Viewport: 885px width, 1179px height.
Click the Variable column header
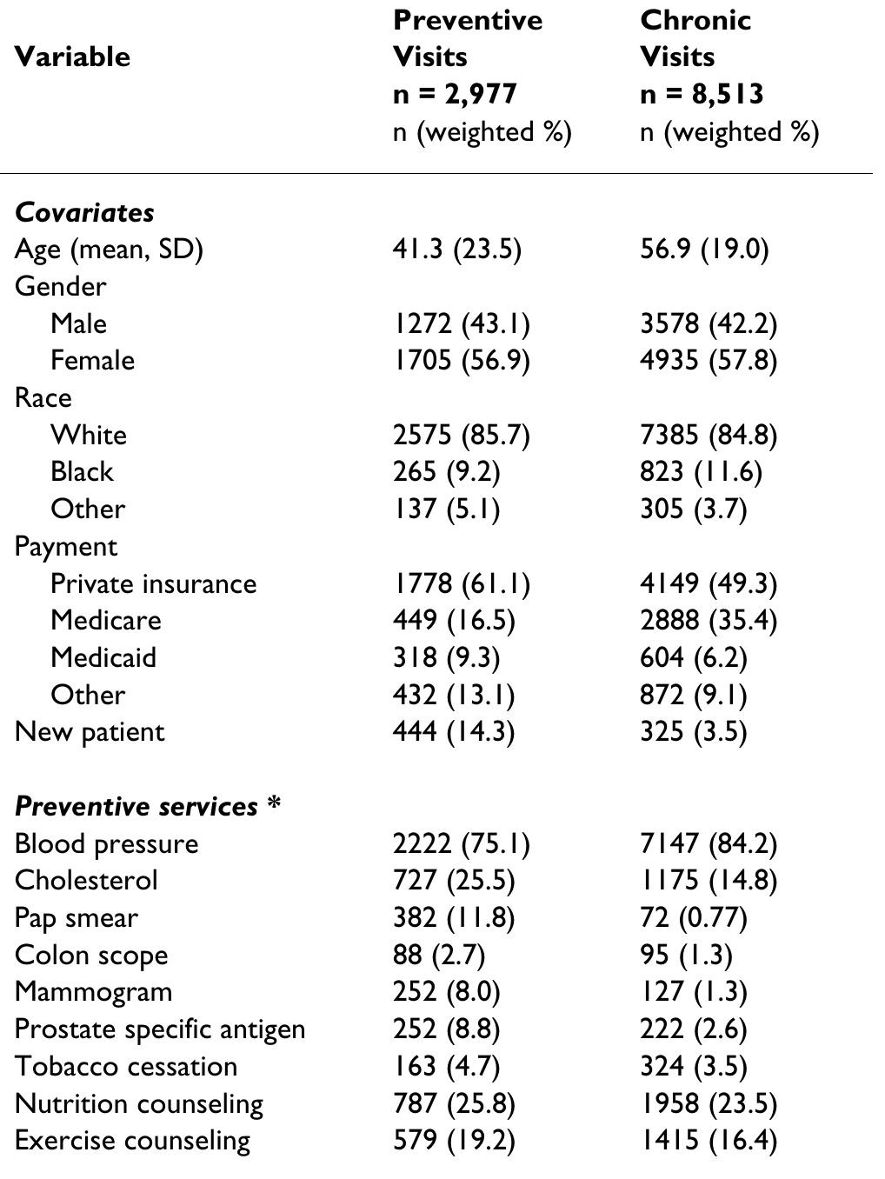click(72, 57)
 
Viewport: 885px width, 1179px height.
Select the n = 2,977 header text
click(455, 94)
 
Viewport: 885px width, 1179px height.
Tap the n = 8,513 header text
click(702, 94)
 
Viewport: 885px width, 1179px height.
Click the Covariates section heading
click(84, 212)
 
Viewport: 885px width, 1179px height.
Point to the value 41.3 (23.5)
click(456, 250)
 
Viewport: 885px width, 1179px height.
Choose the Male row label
click(78, 323)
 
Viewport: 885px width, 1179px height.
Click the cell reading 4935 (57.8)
click(708, 361)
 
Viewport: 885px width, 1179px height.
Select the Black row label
click(82, 472)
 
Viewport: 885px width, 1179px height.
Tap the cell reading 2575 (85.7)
click(461, 435)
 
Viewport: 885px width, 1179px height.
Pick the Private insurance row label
click(153, 583)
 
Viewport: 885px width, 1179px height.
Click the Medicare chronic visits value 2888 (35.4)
click(708, 621)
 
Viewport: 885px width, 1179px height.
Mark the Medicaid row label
click(103, 657)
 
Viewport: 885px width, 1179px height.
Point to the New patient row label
click(90, 732)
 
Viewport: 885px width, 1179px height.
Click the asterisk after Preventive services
click(274, 805)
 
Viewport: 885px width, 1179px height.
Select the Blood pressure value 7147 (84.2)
click(708, 843)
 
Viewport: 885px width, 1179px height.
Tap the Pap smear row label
click(77, 918)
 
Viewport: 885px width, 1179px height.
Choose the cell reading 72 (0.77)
click(693, 918)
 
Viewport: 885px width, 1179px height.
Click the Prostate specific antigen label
click(160, 1029)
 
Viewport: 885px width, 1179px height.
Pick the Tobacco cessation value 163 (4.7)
click(446, 1067)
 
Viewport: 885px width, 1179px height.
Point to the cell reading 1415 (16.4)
click(708, 1141)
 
